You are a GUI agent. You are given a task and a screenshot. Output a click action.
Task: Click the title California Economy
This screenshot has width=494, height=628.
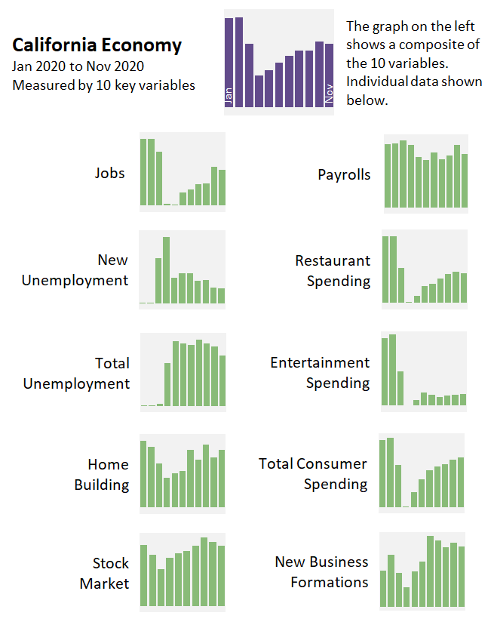coord(97,45)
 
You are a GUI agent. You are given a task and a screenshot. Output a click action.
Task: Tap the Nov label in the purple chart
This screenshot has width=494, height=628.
coord(329,93)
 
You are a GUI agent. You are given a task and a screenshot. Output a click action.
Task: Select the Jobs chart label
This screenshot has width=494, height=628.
coord(109,173)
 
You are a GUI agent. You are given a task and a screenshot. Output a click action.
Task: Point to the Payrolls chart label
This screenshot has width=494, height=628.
coord(344,174)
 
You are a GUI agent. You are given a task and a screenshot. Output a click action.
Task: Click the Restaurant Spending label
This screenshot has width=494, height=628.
coord(333,270)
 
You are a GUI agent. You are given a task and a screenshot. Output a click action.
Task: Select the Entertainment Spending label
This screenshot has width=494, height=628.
coord(320,373)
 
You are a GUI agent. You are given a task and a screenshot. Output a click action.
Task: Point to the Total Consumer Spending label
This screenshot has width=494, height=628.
coord(313,473)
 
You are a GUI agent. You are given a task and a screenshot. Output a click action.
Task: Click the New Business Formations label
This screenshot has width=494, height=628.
coord(321,571)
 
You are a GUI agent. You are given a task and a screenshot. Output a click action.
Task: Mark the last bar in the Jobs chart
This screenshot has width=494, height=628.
coord(222,187)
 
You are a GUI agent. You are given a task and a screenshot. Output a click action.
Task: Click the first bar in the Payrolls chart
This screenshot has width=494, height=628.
coord(388,175)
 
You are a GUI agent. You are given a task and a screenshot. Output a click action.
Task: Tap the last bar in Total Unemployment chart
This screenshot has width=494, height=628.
coord(222,380)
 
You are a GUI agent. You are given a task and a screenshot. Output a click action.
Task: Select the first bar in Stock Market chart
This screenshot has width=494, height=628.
coord(144,575)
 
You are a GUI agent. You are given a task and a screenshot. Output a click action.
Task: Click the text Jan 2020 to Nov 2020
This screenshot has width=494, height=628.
coord(78,66)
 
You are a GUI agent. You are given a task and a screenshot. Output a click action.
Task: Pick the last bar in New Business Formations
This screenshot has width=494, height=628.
coord(462,577)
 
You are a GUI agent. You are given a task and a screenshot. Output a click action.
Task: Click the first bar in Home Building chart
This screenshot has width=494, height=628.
coord(144,474)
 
